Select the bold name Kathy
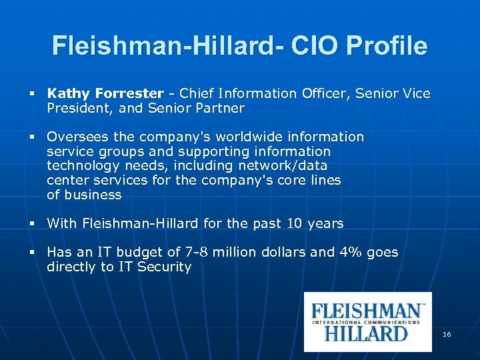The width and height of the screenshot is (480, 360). (69, 94)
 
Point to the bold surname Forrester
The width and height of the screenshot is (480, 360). (129, 94)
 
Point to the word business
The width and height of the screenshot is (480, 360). (93, 195)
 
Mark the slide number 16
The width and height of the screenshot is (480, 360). (447, 333)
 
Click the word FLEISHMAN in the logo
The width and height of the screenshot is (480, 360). (367, 311)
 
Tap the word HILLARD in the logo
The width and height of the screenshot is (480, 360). (366, 333)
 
